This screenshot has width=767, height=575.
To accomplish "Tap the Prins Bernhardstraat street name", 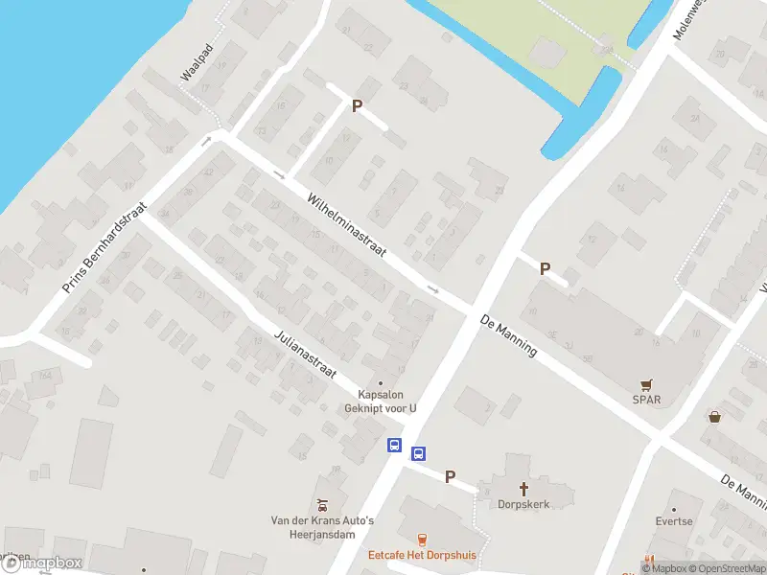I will coord(105,248).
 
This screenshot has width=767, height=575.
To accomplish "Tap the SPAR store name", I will coord(646,400).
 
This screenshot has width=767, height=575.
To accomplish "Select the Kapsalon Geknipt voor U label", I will coord(381,401).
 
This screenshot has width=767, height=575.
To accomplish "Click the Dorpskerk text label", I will coord(523,503).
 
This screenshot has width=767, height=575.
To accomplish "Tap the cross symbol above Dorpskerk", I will coord(523,487).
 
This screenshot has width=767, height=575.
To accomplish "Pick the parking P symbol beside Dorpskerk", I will coord(450,475).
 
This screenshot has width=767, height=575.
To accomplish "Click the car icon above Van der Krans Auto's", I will coord(323,504).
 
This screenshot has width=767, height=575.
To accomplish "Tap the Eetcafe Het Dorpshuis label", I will coord(423,555).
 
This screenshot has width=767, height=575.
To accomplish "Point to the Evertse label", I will coord(674,522).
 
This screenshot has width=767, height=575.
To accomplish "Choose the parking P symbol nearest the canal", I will coord(357,106).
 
